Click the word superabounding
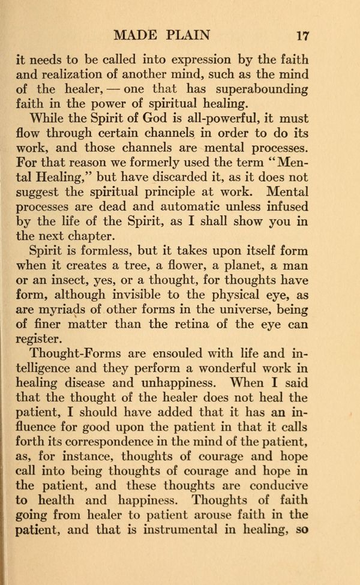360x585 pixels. click(x=259, y=89)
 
